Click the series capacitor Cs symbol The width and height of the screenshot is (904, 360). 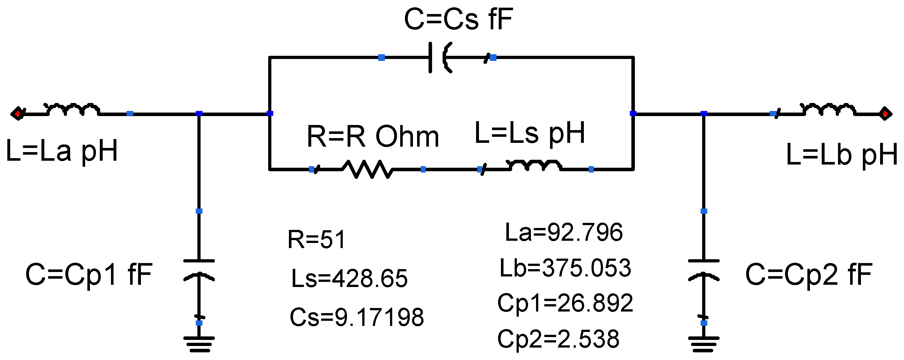(x=439, y=57)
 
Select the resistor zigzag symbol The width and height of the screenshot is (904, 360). (x=367, y=169)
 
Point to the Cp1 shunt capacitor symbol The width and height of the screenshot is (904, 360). (x=199, y=270)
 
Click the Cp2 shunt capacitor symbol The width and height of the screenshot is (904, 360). (x=704, y=270)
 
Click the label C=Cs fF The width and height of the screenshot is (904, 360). (x=458, y=19)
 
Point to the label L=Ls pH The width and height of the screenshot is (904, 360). (x=530, y=133)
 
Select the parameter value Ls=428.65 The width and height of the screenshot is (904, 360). (x=349, y=279)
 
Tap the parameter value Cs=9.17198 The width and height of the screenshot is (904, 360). (x=356, y=317)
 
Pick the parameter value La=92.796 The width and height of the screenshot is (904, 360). (x=563, y=232)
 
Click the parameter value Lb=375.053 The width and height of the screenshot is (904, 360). (x=565, y=268)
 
